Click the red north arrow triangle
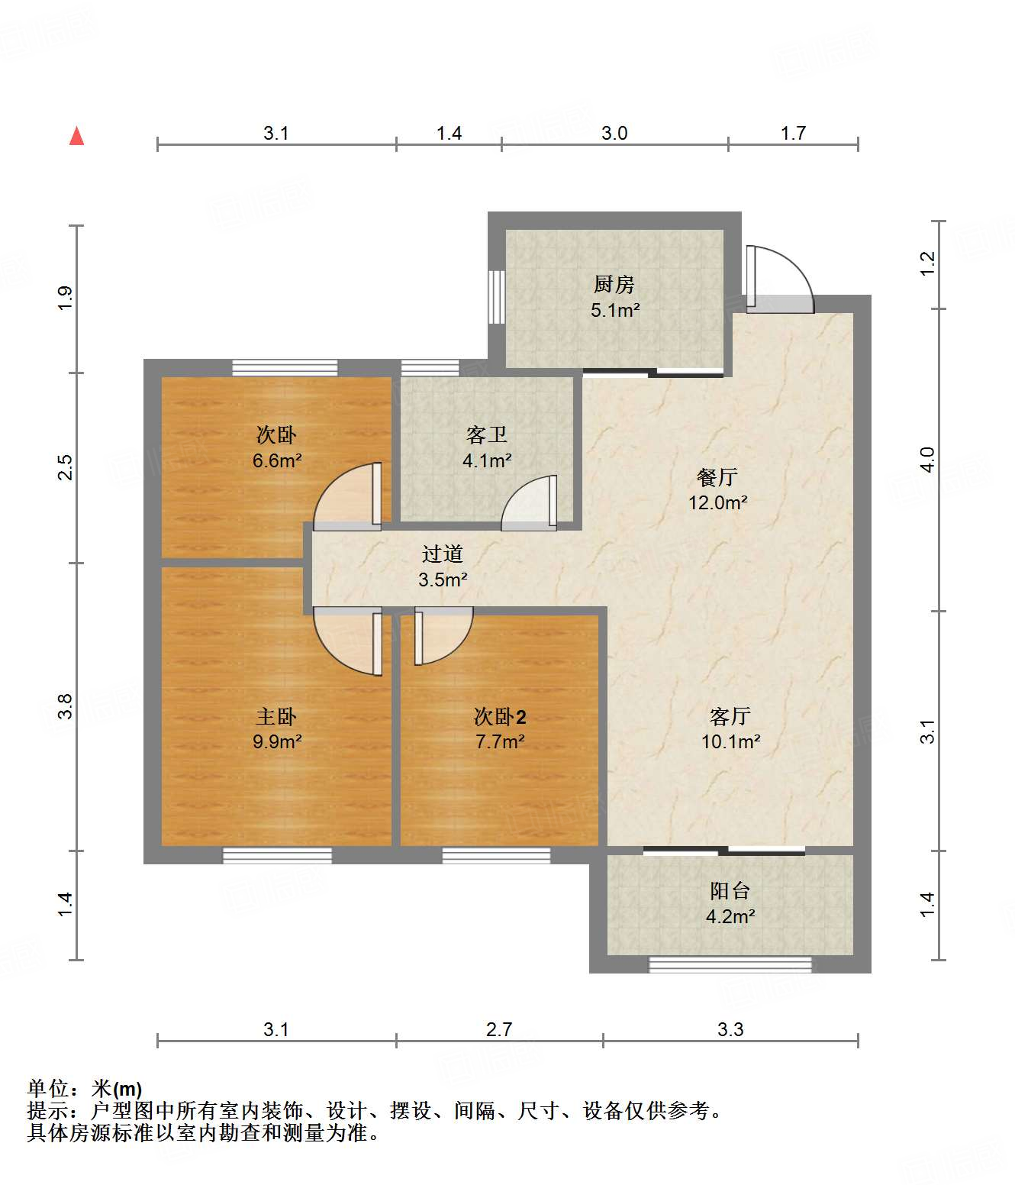[x=77, y=136]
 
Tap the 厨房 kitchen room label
[x=614, y=284]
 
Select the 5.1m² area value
[x=615, y=310]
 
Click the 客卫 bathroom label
[x=487, y=435]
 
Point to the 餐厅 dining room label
[x=717, y=477]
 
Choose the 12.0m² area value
[x=717, y=502]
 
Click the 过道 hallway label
[x=443, y=554]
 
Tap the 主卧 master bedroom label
[x=276, y=716]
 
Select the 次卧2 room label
[x=500, y=716]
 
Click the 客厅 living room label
[x=730, y=716]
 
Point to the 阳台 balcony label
[x=730, y=891]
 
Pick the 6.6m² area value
[x=277, y=460]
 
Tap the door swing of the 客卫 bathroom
[x=528, y=502]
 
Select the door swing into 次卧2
[x=443, y=636]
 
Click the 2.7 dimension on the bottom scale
[x=499, y=1030]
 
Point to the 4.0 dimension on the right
[x=927, y=459]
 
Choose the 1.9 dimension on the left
[x=66, y=298]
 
